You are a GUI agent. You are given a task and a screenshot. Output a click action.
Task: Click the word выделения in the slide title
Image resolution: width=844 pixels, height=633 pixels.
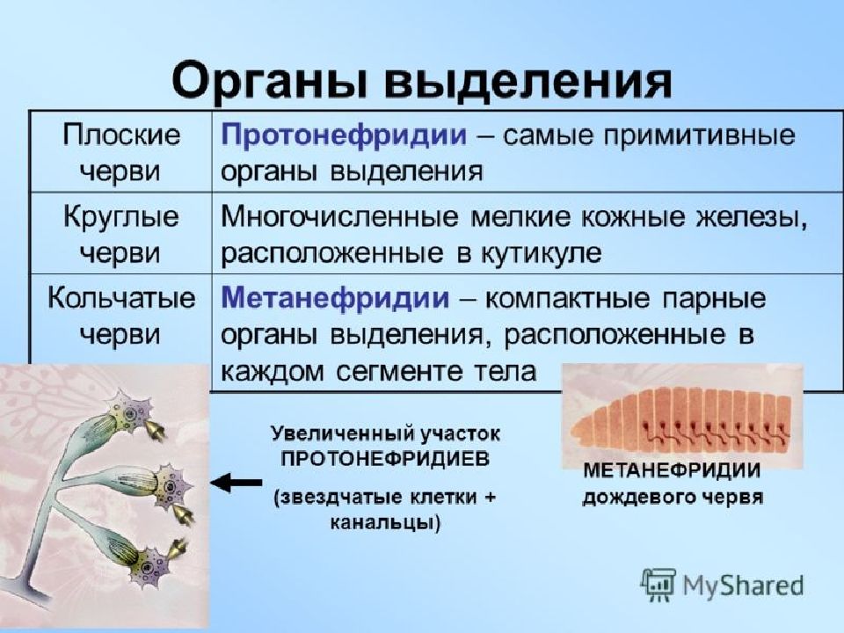tap(528, 81)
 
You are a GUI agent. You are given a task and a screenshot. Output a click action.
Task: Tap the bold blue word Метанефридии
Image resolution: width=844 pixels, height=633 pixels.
tap(335, 298)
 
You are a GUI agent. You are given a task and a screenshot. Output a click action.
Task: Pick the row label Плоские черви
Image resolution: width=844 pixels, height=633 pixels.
tap(120, 152)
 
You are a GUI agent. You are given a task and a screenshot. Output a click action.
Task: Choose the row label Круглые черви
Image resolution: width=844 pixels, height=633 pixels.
tap(120, 234)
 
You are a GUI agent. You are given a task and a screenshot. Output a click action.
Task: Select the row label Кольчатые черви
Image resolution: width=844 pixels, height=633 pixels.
tap(120, 316)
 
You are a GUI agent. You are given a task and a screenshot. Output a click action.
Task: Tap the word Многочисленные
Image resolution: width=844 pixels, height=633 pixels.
tap(340, 217)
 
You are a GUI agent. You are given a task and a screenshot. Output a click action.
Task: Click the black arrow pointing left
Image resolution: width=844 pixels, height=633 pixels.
tap(236, 483)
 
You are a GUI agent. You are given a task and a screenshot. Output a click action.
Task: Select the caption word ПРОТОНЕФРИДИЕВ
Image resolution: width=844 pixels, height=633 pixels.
tap(385, 459)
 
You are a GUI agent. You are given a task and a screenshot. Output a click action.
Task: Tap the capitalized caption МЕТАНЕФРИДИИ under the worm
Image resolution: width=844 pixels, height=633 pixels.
tap(672, 470)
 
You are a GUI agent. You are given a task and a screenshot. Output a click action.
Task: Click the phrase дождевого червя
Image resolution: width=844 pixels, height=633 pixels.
tap(673, 497)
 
